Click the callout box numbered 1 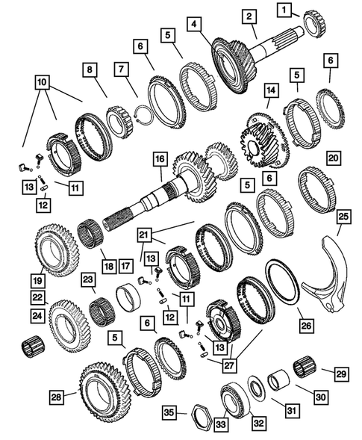tap(284, 10)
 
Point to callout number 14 tap(270, 90)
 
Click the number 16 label tap(158, 160)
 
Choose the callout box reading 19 tap(37, 282)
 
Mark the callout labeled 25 tap(343, 217)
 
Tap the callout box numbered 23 tap(88, 279)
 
